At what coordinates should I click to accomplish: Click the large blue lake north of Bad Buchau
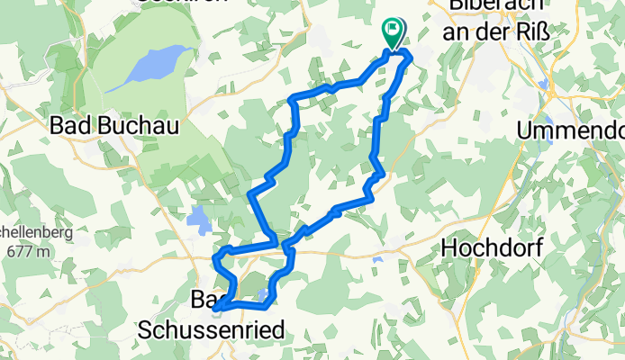[x=153, y=66]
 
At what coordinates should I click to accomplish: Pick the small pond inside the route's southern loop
[x=262, y=294]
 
